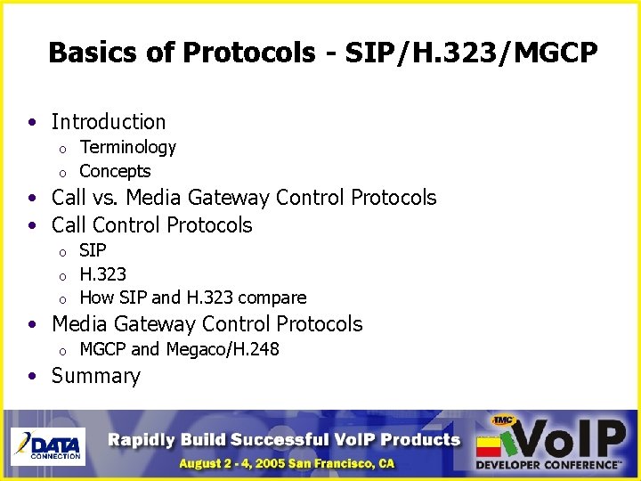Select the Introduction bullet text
click(x=109, y=122)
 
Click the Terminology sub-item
click(x=127, y=147)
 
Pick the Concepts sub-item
click(x=115, y=171)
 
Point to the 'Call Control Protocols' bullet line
click(x=151, y=225)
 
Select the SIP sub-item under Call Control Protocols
click(x=93, y=250)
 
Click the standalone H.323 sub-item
click(x=102, y=274)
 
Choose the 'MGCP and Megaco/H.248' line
click(x=179, y=349)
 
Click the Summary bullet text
click(x=96, y=376)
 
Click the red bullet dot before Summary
click(x=31, y=376)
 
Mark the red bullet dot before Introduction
click(x=31, y=122)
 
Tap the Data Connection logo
click(x=46, y=445)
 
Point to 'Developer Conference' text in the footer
click(x=548, y=464)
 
